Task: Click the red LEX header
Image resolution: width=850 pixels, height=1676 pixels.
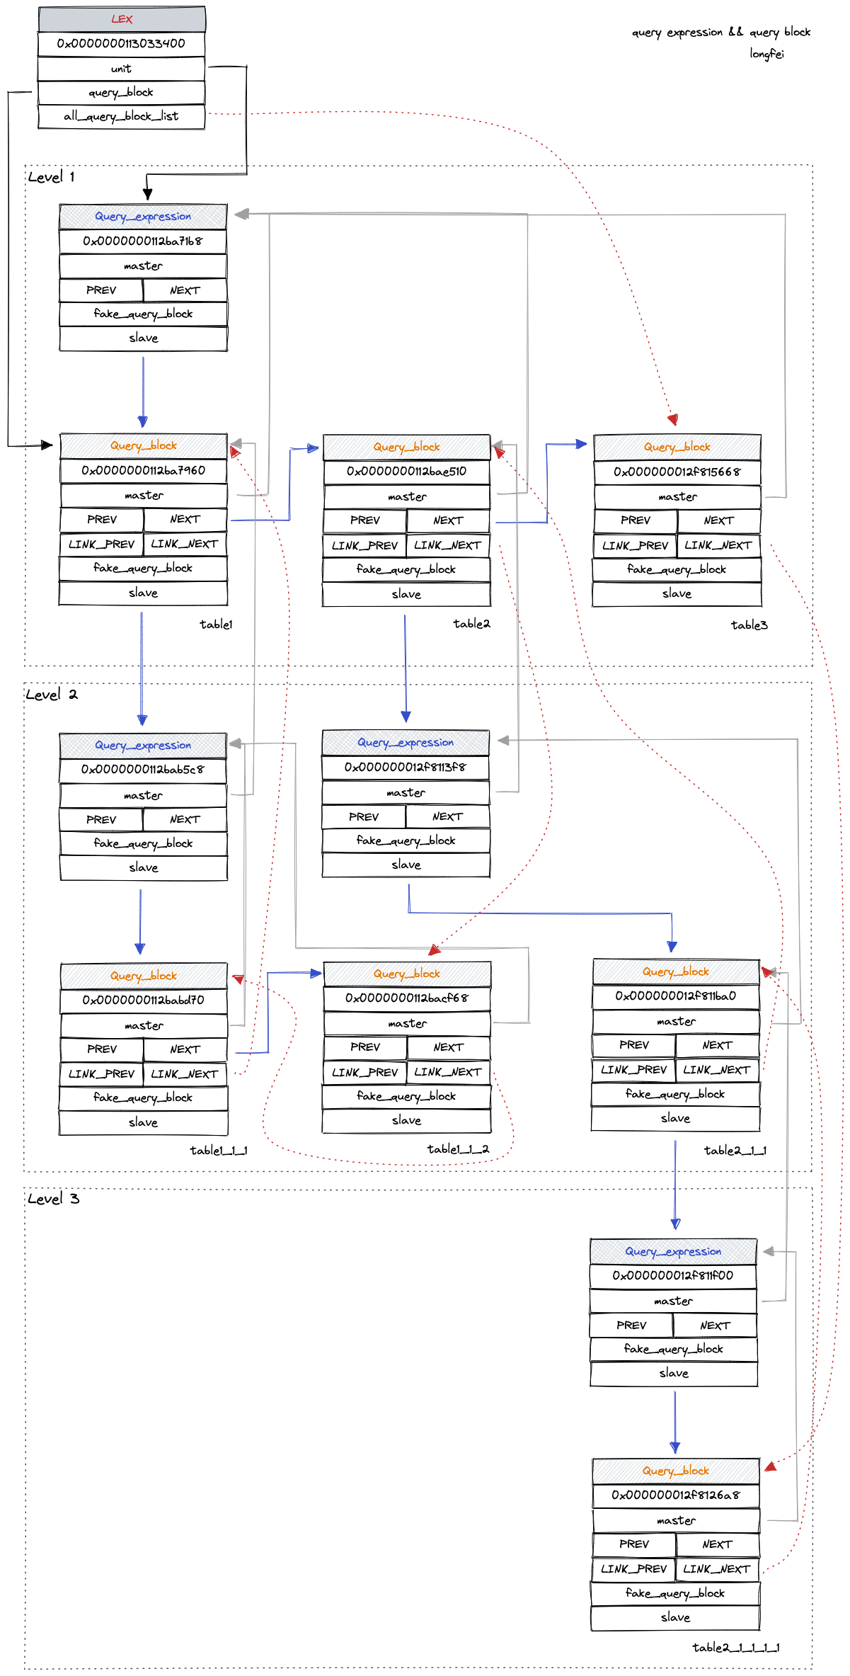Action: (122, 19)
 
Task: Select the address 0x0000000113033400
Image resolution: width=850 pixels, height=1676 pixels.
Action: (121, 43)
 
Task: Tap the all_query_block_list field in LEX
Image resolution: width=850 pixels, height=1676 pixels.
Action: (121, 116)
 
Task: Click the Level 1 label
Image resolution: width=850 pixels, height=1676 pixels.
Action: (51, 177)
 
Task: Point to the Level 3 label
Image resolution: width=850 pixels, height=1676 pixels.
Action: (53, 1199)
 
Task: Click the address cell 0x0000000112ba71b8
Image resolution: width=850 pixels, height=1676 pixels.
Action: (143, 241)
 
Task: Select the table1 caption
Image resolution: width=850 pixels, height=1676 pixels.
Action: (216, 624)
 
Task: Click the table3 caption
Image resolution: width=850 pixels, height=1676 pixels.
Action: (749, 625)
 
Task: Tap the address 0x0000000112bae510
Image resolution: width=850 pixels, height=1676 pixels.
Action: (406, 471)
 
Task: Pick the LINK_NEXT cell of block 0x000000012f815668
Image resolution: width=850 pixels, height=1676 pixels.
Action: (718, 545)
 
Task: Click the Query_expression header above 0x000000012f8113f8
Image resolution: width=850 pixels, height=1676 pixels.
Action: (406, 742)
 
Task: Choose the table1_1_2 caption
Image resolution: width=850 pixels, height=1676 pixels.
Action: (458, 1148)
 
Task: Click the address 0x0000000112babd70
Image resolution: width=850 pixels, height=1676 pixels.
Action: (143, 1000)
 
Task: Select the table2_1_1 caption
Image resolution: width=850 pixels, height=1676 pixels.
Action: (735, 1150)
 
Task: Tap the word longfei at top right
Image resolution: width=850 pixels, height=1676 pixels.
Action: (766, 54)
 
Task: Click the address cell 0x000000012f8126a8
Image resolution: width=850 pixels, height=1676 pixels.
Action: (675, 1495)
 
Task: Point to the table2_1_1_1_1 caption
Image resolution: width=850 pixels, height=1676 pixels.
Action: (735, 1647)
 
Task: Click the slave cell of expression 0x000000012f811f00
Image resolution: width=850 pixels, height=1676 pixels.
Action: (674, 1373)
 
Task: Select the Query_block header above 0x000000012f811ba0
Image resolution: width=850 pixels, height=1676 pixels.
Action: (676, 971)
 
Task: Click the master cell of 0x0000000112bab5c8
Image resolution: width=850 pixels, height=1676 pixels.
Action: (143, 795)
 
